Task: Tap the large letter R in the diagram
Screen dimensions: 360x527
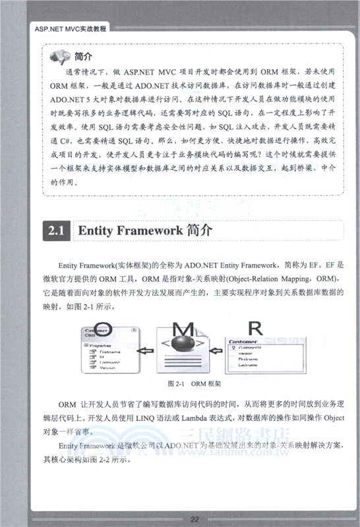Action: click(255, 327)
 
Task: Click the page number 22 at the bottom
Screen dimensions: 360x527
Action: click(195, 518)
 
